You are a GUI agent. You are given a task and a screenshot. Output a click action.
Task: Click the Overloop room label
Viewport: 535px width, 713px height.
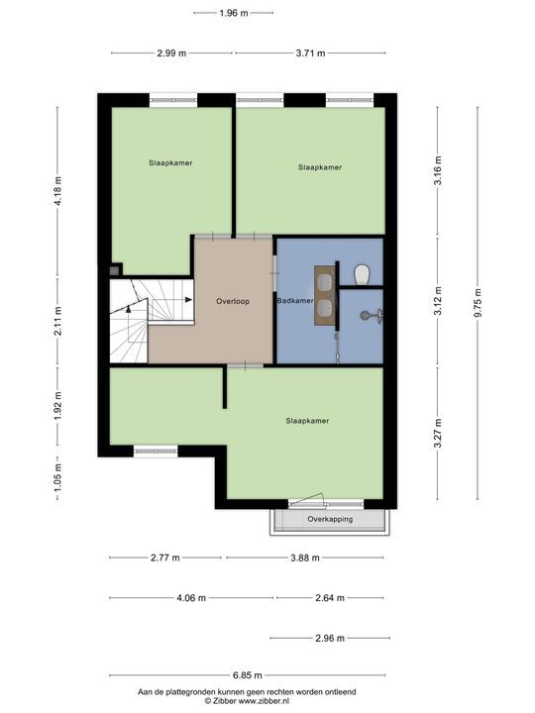pos(233,301)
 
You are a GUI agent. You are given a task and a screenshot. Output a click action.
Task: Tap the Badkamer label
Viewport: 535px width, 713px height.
pos(295,301)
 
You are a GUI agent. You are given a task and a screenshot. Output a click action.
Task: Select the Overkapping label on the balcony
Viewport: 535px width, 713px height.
pos(330,519)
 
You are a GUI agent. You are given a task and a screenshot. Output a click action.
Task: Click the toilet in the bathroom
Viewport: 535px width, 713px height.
pos(363,274)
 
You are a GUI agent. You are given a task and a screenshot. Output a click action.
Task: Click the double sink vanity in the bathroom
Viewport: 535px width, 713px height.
pos(325,295)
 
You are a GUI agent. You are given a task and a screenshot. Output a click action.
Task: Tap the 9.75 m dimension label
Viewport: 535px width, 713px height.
pos(478,303)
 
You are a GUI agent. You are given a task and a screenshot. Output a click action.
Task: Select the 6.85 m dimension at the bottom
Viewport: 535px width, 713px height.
pos(248,675)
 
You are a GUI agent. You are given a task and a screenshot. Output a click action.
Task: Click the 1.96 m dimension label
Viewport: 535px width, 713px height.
pos(234,13)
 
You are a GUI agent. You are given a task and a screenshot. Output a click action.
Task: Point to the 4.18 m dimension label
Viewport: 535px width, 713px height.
pos(57,191)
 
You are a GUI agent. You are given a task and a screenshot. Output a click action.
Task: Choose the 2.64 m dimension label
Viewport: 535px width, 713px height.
pos(330,598)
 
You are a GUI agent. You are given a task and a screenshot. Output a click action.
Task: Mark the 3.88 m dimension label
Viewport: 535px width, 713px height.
pos(305,558)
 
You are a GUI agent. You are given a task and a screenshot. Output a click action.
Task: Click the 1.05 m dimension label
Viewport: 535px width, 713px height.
pos(57,477)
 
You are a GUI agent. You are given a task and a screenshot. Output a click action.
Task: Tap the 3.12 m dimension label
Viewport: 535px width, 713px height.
pos(438,301)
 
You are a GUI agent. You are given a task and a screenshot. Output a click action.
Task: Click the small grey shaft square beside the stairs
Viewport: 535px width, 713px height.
pos(114,270)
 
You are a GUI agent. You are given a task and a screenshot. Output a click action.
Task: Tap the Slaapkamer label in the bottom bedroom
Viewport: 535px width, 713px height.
pos(307,421)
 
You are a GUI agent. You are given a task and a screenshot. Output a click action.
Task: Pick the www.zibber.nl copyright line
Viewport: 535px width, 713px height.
pos(247,701)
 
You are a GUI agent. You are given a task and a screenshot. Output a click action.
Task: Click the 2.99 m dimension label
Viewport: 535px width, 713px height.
pos(171,53)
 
